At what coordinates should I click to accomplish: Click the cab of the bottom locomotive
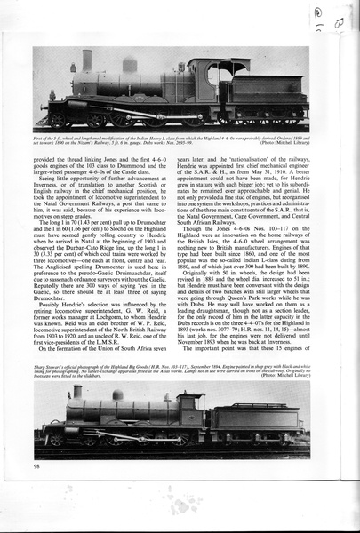(189, 413)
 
